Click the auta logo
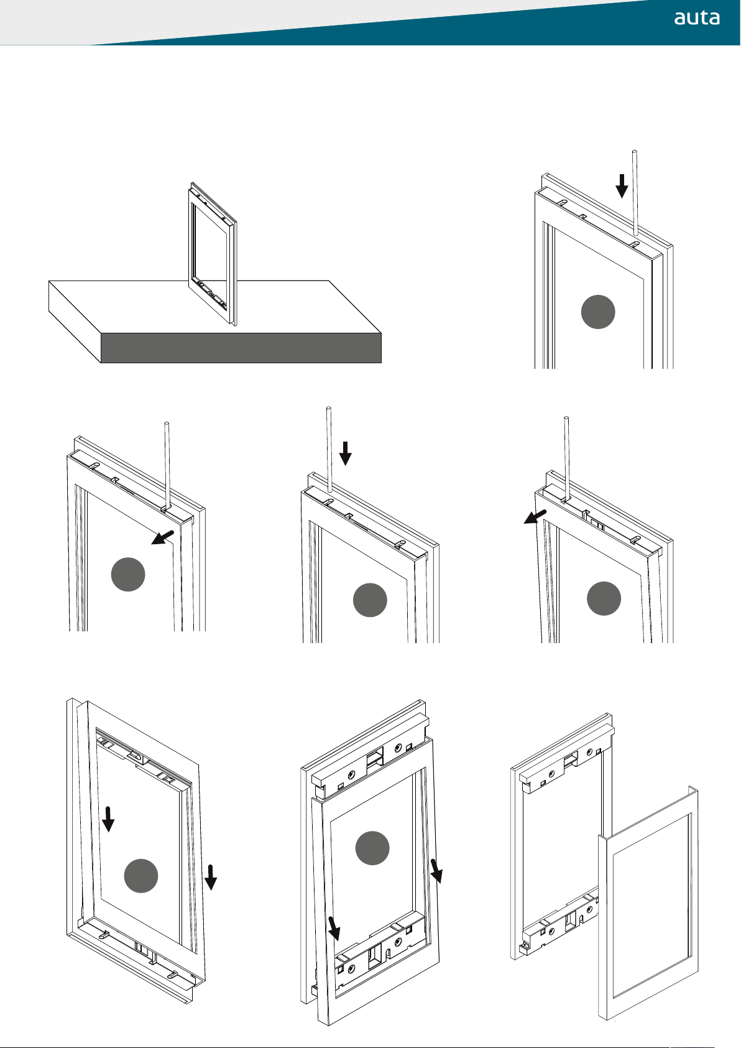(697, 18)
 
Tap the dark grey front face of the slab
(241, 348)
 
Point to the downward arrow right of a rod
(346, 453)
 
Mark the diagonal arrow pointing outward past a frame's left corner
(535, 517)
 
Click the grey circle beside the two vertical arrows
(141, 876)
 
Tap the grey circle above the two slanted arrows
(372, 847)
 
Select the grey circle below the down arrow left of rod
(598, 312)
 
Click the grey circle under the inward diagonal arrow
(128, 575)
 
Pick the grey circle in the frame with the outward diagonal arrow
(604, 598)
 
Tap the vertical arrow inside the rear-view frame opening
(108, 818)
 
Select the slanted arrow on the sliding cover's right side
(437, 870)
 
